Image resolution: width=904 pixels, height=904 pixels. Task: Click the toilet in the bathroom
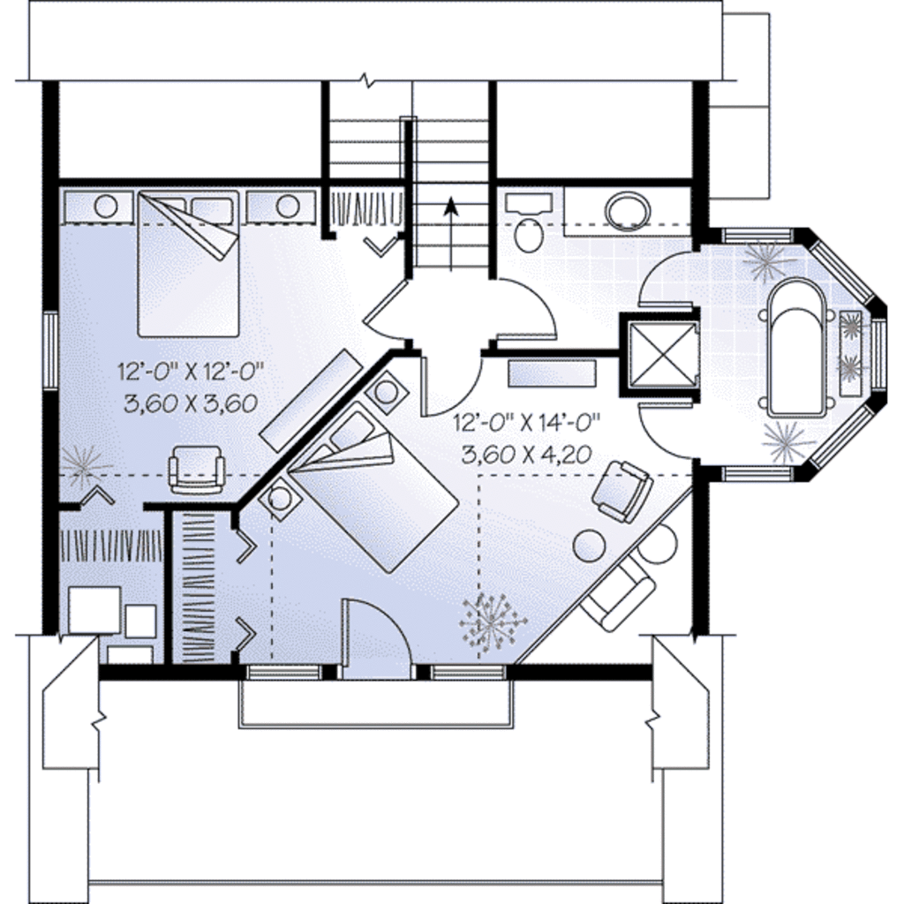tap(529, 234)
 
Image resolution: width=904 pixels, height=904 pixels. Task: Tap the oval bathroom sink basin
tap(628, 210)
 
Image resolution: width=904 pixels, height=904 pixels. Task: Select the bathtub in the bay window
tap(797, 349)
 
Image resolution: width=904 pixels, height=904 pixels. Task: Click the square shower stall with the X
tap(661, 354)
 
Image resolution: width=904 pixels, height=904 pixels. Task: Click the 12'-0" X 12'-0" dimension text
tap(190, 371)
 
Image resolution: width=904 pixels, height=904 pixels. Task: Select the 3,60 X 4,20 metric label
tap(525, 455)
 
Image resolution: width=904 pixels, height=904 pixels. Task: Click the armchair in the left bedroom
tap(197, 469)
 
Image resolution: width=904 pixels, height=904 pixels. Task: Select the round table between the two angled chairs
tap(589, 545)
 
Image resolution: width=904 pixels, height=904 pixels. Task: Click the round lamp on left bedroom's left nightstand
tap(106, 207)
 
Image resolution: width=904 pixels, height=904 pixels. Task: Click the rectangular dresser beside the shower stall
tap(552, 373)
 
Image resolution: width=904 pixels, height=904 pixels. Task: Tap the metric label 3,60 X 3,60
tap(190, 403)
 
